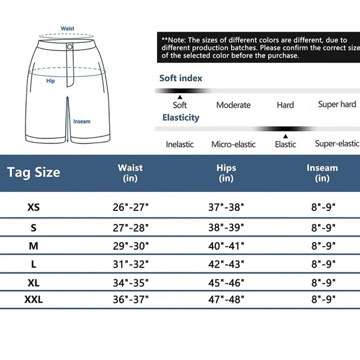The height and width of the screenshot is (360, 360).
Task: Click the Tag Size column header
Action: click(34, 172)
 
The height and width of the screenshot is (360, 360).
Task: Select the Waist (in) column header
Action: click(130, 173)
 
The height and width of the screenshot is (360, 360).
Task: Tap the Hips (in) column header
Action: click(226, 173)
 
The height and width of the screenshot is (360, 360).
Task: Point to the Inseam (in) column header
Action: click(322, 173)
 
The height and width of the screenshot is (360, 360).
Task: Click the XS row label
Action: click(34, 207)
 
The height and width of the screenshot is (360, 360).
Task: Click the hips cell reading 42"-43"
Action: click(226, 264)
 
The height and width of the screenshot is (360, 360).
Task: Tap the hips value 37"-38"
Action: click(226, 207)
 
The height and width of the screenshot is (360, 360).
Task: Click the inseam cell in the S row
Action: click(322, 228)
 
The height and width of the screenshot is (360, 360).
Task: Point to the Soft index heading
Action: click(181, 78)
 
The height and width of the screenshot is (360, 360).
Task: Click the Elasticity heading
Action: click(181, 117)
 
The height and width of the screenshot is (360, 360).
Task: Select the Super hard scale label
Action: click(337, 104)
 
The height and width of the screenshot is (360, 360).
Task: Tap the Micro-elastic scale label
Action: click(233, 144)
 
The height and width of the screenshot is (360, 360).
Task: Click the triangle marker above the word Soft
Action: click(180, 97)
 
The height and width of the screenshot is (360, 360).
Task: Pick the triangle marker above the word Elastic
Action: click(286, 135)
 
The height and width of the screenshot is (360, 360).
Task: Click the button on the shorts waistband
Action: click(70, 47)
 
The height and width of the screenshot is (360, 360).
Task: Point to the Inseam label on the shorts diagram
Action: click(82, 122)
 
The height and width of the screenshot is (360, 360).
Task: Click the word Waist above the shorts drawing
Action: click(68, 29)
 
